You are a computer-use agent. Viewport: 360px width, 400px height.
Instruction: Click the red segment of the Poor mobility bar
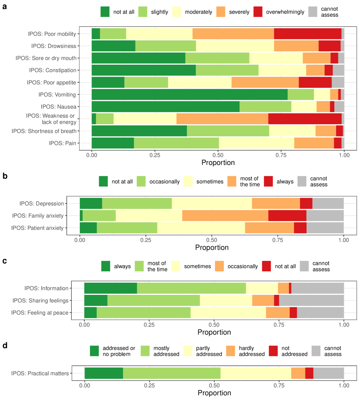(308, 34)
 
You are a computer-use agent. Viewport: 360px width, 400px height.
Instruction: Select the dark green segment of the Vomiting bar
(190, 95)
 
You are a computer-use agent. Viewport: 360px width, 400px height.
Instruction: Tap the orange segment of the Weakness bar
(222, 119)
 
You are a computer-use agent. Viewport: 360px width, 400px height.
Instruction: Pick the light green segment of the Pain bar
(176, 143)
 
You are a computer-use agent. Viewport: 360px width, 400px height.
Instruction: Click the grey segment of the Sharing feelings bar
(311, 300)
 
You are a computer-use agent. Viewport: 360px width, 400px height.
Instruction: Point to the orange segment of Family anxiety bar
(225, 216)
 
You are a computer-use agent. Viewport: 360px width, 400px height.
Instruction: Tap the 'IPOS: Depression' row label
(42, 203)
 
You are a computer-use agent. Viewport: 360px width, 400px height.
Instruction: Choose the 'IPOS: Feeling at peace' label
(40, 313)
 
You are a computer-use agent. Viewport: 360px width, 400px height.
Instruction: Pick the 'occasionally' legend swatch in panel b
(141, 181)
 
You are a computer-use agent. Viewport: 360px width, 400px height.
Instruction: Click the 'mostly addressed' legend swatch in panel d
(145, 351)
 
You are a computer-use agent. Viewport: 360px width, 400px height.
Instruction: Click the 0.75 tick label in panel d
(279, 385)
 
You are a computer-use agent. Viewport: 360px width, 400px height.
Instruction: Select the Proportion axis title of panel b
(212, 248)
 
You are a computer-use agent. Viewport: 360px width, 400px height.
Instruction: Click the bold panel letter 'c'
(5, 261)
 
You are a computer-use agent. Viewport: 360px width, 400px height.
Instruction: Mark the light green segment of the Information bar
(191, 288)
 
